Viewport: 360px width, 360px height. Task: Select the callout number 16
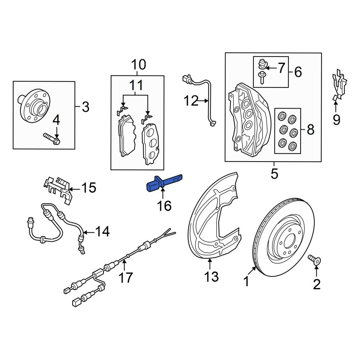tap(163, 206)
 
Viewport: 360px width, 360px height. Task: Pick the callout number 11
tap(136, 85)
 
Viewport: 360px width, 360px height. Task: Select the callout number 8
tap(311, 129)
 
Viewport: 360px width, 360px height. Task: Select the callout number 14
tap(102, 232)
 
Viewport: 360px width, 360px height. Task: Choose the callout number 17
tap(126, 277)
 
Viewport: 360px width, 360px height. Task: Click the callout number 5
tap(274, 174)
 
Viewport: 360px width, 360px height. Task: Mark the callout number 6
tap(298, 72)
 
